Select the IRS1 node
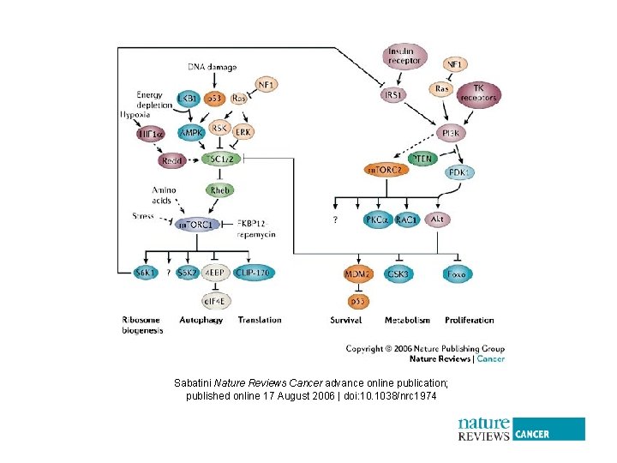[x=394, y=94]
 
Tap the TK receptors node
[x=478, y=94]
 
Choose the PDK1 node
[x=459, y=172]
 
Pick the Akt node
[x=437, y=219]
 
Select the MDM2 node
[x=357, y=274]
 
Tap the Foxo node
[x=456, y=274]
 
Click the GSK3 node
[x=398, y=274]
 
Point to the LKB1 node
[x=188, y=99]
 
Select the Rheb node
[x=219, y=189]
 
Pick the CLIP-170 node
[x=254, y=274]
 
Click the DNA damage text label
[x=213, y=67]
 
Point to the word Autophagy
[x=201, y=320]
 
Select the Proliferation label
[x=469, y=320]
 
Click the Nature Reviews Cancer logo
[x=521, y=429]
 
